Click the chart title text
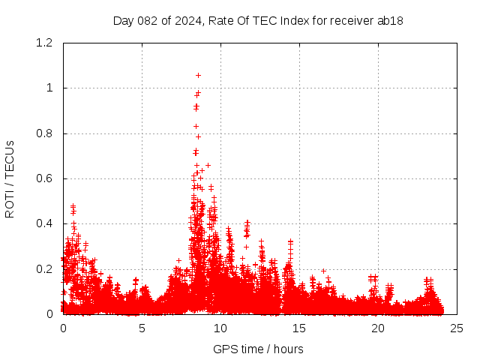point(258,20)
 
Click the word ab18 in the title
point(391,20)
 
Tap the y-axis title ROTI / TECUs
point(10,178)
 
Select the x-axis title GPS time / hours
point(258,349)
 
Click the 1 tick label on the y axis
point(49,88)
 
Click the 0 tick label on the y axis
point(49,314)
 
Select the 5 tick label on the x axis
point(142,328)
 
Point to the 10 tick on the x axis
point(220,328)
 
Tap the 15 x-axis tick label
point(299,328)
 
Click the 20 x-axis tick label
point(378,328)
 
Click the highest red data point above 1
point(198,75)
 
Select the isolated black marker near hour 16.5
point(323,271)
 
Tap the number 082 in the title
point(145,20)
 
